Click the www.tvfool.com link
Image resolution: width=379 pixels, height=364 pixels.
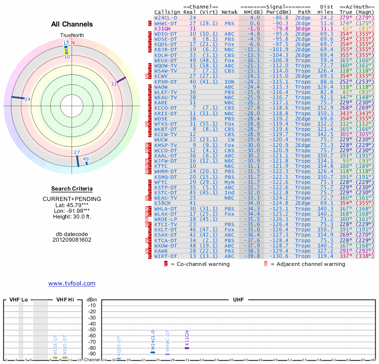pyautogui.click(x=72, y=283)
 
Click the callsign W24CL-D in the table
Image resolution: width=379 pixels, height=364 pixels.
pyautogui.click(x=165, y=18)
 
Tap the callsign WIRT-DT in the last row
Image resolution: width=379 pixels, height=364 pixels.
pyautogui.click(x=165, y=256)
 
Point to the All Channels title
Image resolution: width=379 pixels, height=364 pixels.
pyautogui.click(x=72, y=24)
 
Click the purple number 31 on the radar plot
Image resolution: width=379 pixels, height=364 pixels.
pyautogui.click(x=114, y=84)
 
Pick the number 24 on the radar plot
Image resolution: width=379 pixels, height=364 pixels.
pyautogui.click(x=27, y=99)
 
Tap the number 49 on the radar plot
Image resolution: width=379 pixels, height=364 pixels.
pyautogui.click(x=86, y=159)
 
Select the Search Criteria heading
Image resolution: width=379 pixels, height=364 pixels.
pyautogui.click(x=72, y=188)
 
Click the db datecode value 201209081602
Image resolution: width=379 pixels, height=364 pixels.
pyautogui.click(x=72, y=240)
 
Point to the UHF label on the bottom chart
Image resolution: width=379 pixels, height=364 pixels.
pyautogui.click(x=238, y=300)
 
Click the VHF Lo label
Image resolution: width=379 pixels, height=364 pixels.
pyautogui.click(x=18, y=300)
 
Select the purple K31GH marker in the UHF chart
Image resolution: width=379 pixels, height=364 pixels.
pyautogui.click(x=187, y=348)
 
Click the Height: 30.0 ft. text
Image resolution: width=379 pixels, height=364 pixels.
pyautogui.click(x=72, y=217)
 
